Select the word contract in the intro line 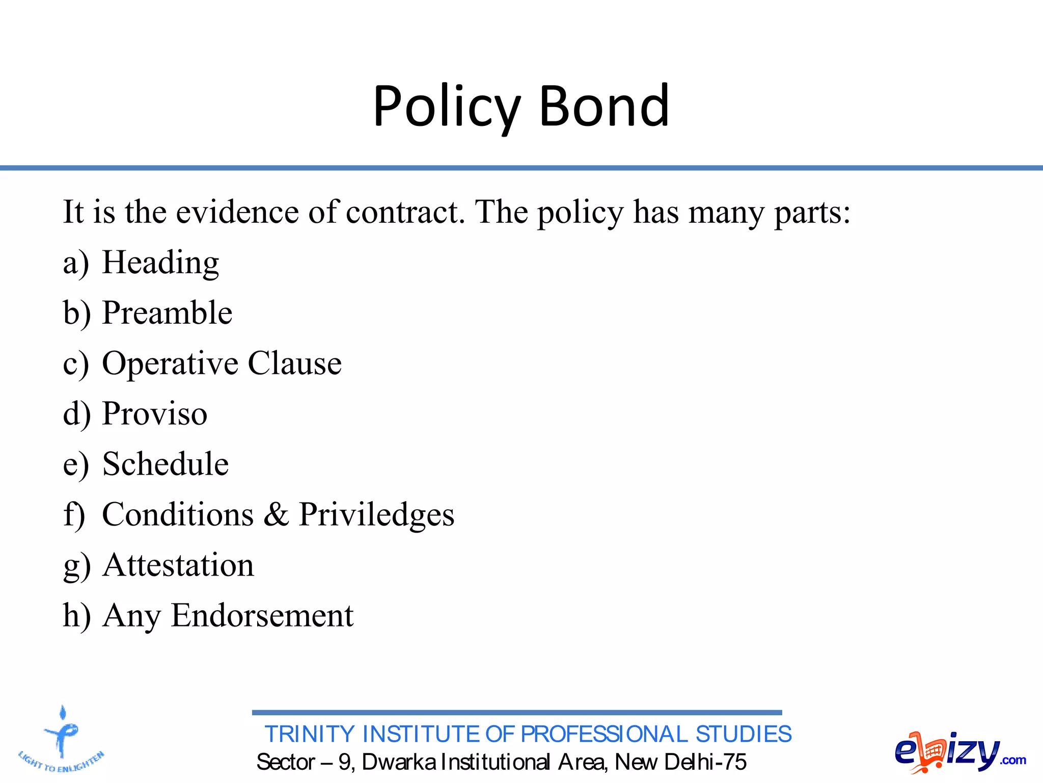(404, 212)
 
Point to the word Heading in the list (160, 263)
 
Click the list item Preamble (167, 312)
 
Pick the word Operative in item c (170, 364)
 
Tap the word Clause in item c (294, 363)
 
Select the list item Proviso (155, 413)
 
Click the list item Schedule (166, 464)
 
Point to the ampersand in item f (276, 514)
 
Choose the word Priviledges (376, 514)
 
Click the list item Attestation (178, 565)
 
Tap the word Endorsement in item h (262, 615)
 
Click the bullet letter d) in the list (76, 413)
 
